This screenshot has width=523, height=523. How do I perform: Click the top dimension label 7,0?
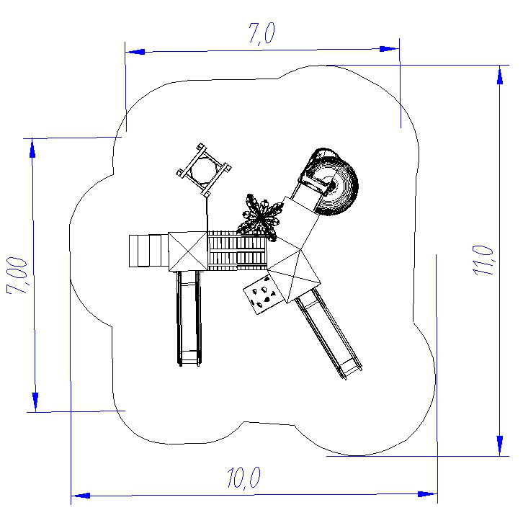pos(261,34)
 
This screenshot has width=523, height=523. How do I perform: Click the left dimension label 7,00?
pos(17,275)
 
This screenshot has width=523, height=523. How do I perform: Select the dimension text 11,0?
pos(483,260)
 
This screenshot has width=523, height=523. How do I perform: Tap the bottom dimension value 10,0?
pos(243,478)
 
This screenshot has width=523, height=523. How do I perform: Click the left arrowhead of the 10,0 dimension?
pos(81,496)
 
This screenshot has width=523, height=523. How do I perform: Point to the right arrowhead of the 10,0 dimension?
pos(427,493)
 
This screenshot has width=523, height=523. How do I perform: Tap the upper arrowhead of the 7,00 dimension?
pos(32,148)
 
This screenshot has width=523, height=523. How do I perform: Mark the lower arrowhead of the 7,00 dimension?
pos(35,402)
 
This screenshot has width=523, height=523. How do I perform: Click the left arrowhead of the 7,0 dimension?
pos(135,52)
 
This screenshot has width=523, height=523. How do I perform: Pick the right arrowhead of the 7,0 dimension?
pos(389,49)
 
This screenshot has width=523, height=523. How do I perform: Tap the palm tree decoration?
pos(260,218)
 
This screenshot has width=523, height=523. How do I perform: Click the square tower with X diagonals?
pos(188,251)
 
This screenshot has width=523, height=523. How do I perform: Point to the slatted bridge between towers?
pos(237,250)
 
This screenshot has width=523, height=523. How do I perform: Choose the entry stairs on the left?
pos(148,251)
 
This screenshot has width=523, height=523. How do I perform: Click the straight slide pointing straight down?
pos(189,318)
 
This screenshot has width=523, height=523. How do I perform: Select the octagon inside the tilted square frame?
pos(203,170)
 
